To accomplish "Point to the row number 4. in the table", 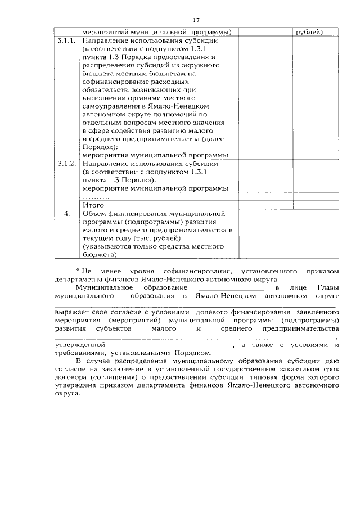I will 66,214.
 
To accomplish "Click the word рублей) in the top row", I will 309,32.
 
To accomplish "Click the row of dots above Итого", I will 96,198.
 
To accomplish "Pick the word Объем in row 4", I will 95,214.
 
